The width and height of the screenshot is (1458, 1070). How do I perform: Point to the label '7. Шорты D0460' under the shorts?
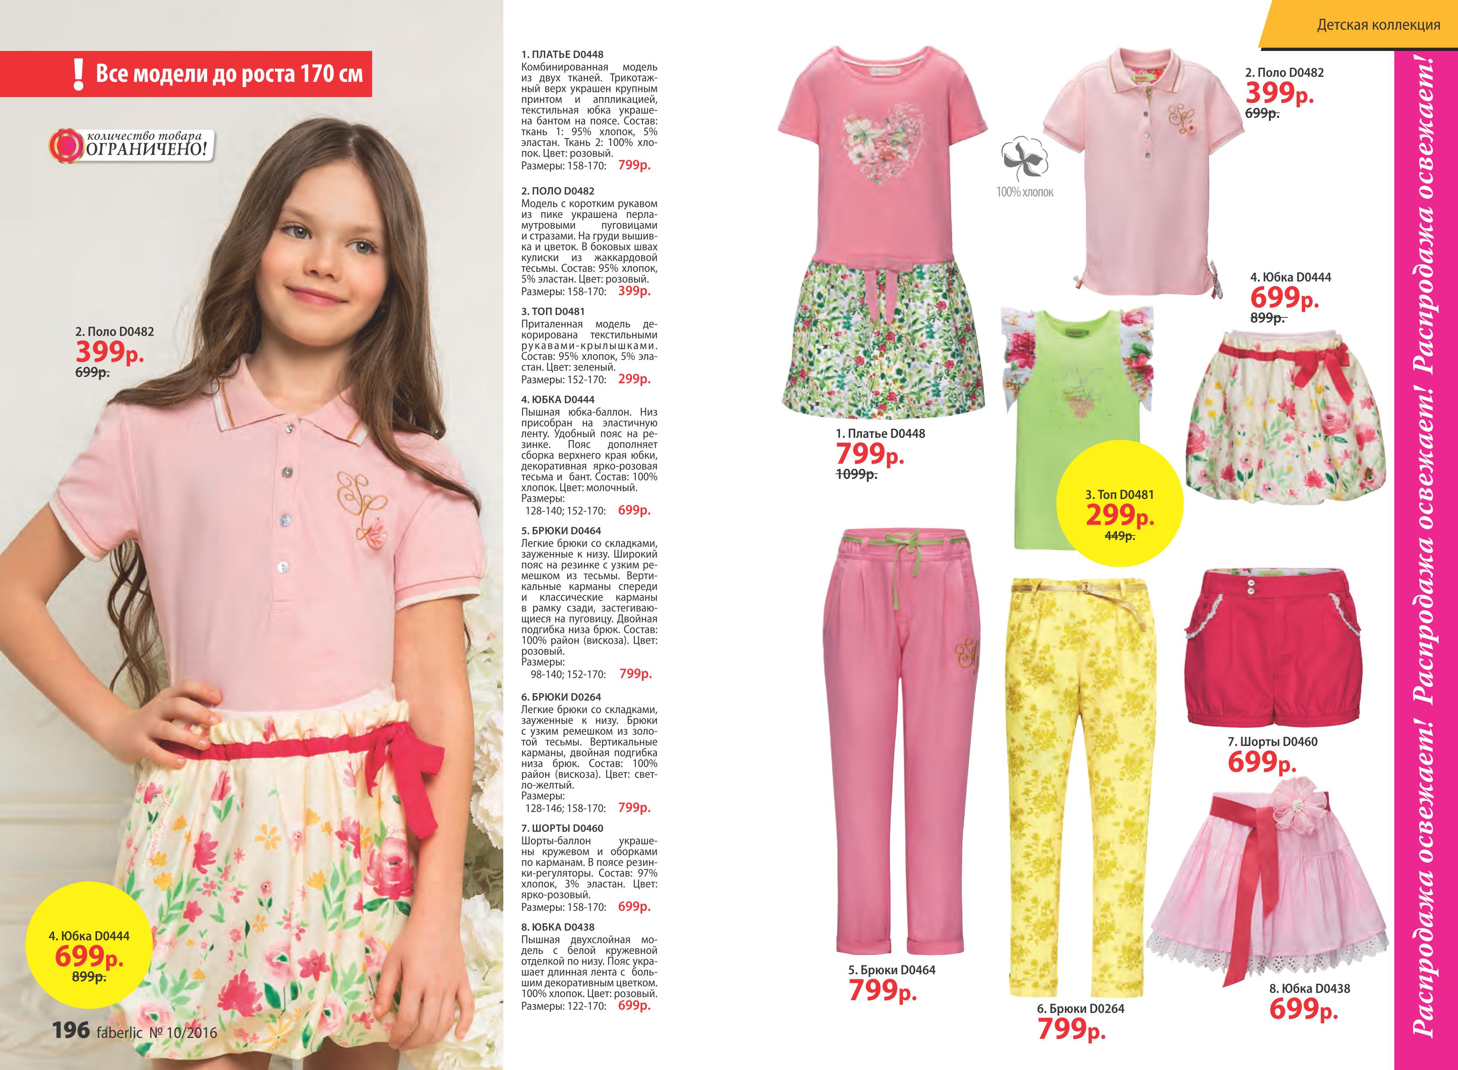pos(1272,742)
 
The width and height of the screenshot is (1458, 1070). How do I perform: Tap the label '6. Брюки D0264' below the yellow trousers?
pos(1080,1008)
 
